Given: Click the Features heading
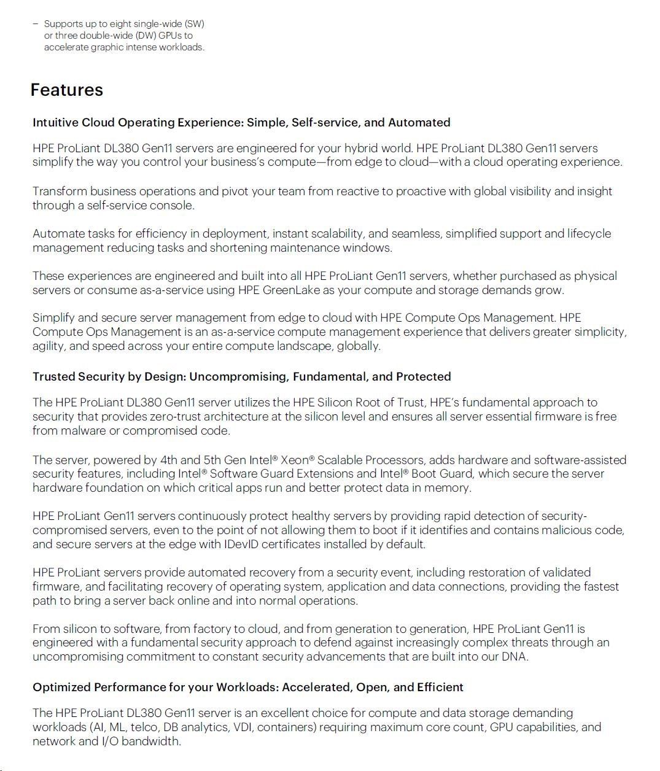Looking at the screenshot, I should click(66, 90).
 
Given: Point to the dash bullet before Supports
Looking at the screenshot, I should click(35, 24).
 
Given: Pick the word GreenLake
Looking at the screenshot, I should click(291, 290).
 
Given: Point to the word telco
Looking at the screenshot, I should click(142, 727).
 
